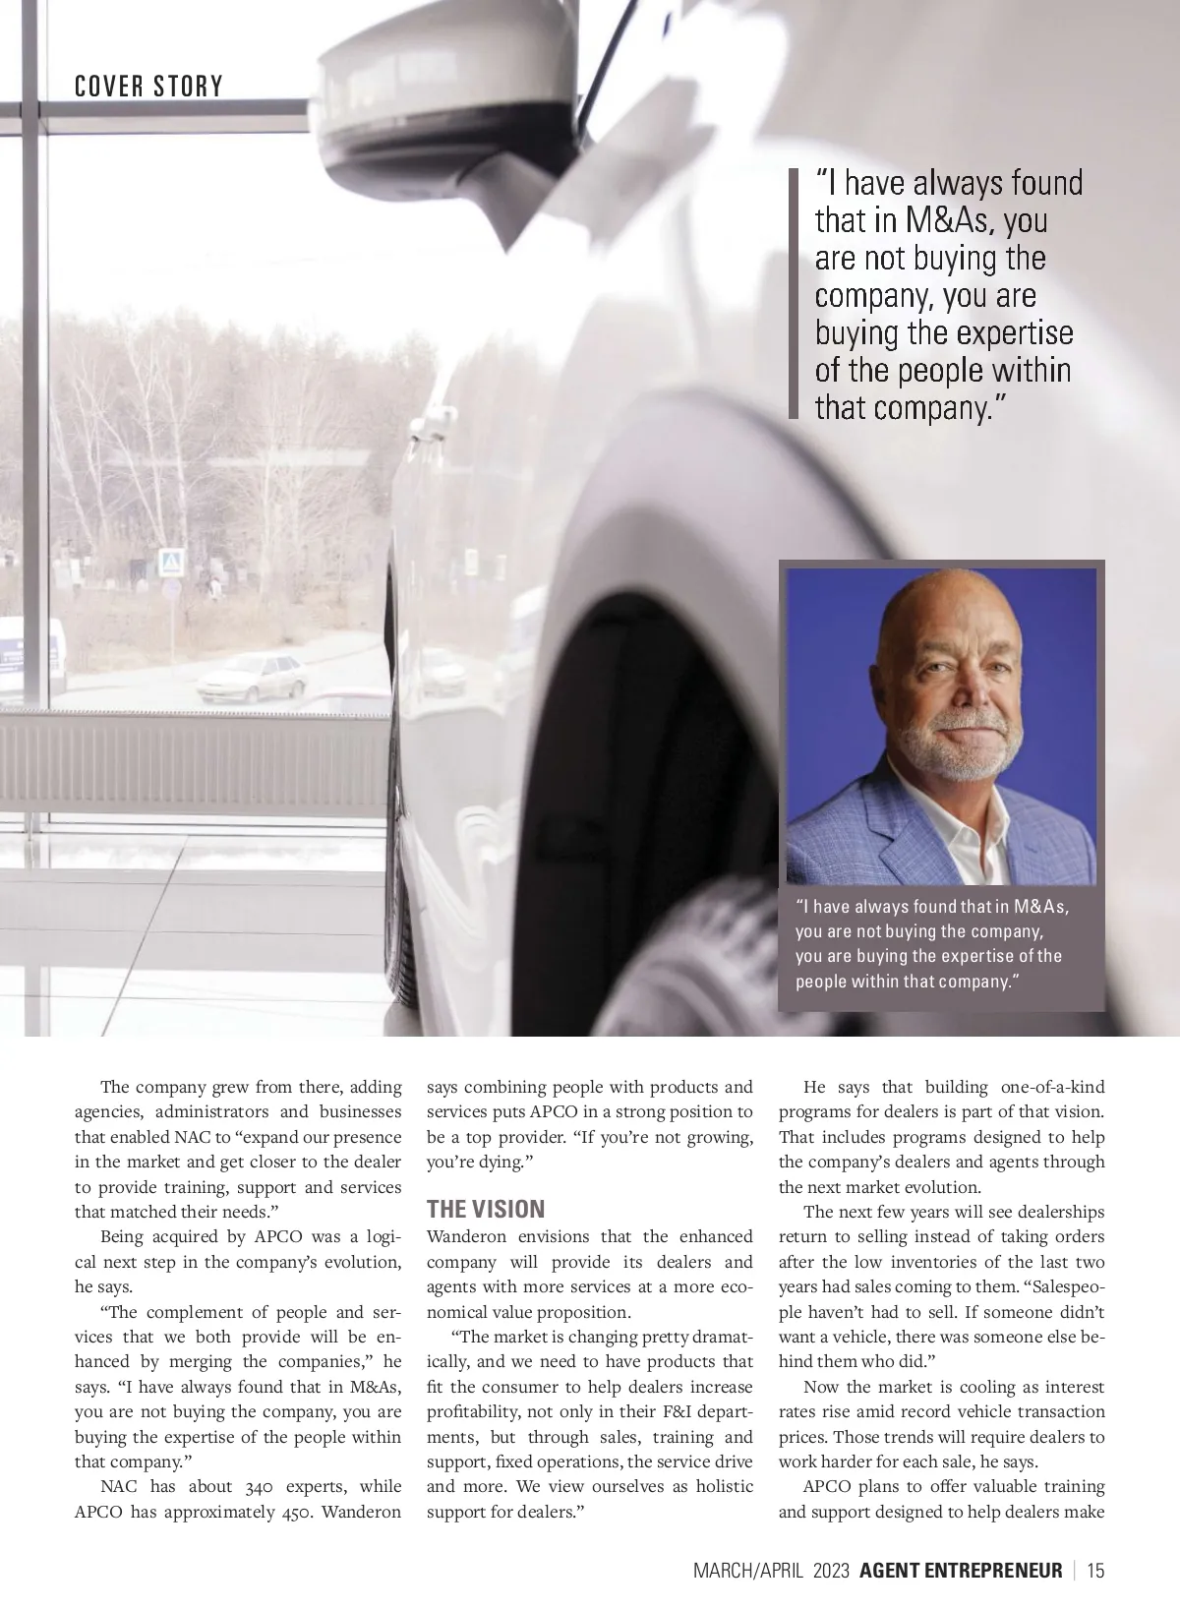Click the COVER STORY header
(148, 87)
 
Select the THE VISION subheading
(485, 1209)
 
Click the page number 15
(1095, 1571)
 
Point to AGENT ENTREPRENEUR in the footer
(961, 1571)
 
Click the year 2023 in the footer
(831, 1571)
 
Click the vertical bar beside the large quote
(794, 294)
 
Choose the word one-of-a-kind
(1052, 1087)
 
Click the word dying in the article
(501, 1162)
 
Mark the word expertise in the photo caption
(980, 956)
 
